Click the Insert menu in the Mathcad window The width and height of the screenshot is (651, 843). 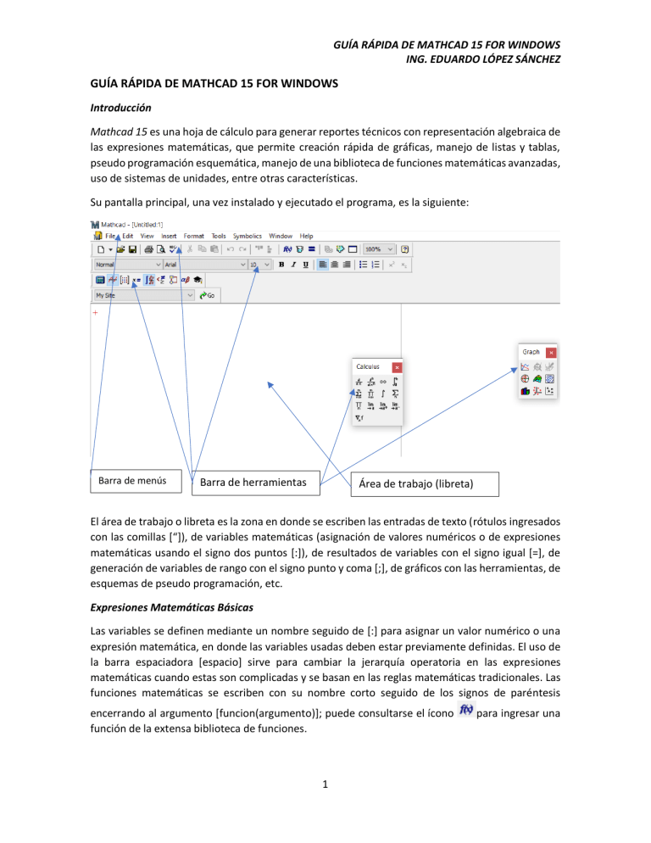point(169,236)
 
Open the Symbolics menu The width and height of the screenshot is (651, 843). point(248,236)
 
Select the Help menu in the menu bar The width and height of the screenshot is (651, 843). point(306,236)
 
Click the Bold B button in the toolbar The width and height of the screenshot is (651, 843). point(281,265)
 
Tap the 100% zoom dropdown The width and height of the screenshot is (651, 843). point(379,250)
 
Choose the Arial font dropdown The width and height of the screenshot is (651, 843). point(198,265)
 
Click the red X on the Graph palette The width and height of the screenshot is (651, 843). point(551,352)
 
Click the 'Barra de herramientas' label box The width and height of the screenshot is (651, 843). point(257,483)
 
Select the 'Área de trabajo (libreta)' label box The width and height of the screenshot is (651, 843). point(424,484)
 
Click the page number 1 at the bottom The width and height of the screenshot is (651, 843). point(325,811)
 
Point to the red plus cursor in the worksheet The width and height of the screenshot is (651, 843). point(95,312)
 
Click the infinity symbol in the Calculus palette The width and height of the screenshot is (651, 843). point(383,382)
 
